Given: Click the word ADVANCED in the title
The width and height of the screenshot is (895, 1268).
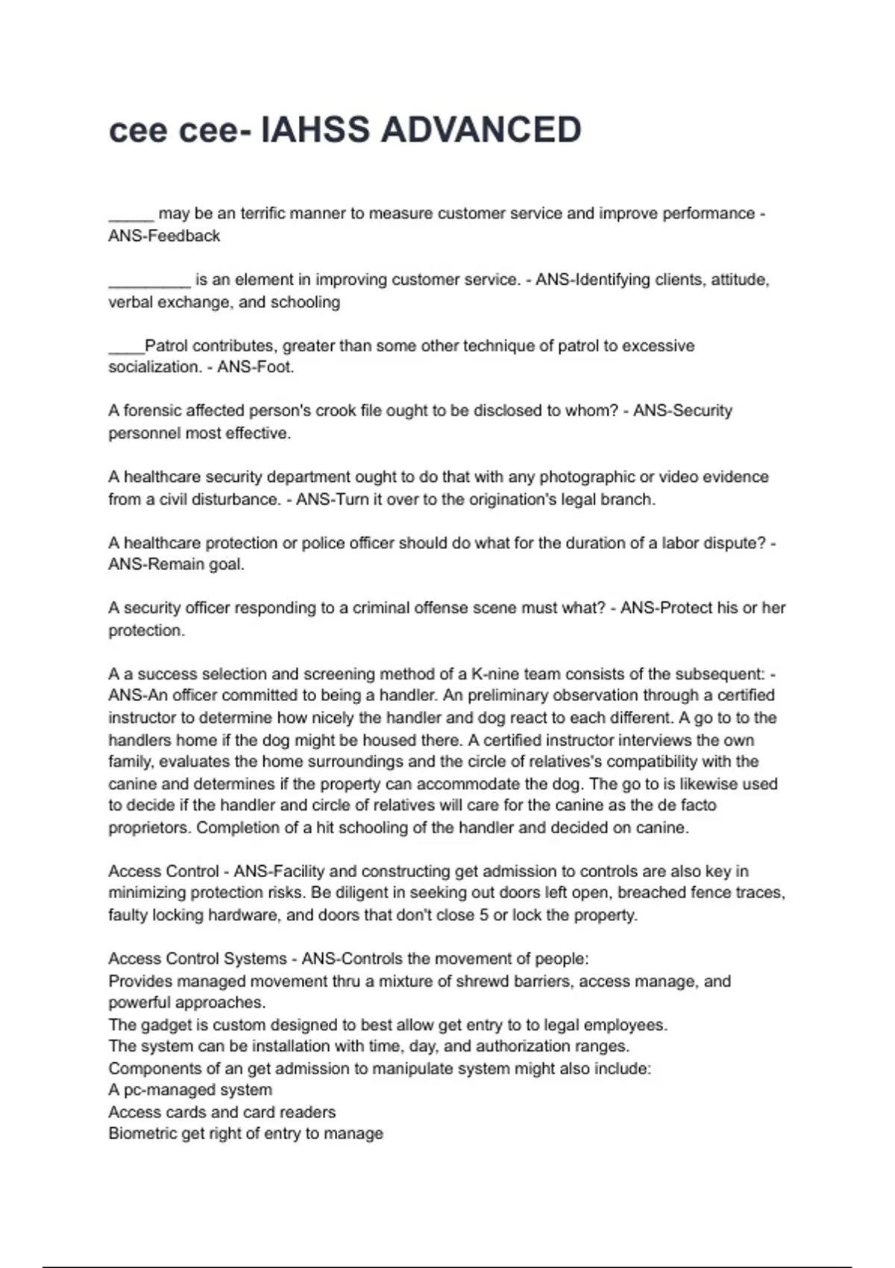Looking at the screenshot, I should coord(481,130).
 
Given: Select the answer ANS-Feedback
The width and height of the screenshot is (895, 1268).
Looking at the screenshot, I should coord(164,236).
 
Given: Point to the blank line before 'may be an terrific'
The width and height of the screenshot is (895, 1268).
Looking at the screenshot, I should coord(131,216).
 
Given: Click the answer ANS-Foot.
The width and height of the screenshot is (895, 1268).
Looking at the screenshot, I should coord(256,367).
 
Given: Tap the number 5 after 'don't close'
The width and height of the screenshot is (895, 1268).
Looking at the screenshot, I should coord(484,915).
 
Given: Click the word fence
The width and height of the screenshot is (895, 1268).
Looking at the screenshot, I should coord(720,893).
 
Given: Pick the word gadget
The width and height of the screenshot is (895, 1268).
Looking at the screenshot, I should coord(166,1025).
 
